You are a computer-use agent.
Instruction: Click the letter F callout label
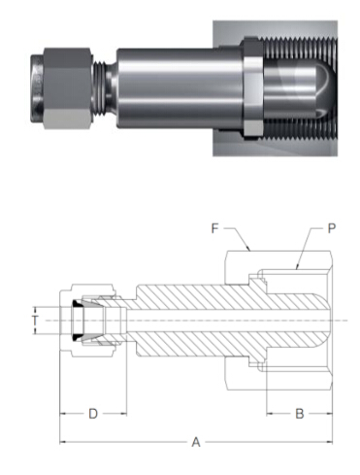(x=215, y=228)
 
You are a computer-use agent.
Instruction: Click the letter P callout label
(x=332, y=228)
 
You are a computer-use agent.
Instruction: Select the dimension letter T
(x=35, y=321)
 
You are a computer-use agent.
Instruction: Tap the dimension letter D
(x=93, y=414)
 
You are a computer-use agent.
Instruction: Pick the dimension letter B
(x=300, y=414)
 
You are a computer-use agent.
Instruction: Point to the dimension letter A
(x=196, y=442)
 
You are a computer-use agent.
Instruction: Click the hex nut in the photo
(x=67, y=88)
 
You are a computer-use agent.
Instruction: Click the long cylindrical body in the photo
(x=180, y=88)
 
